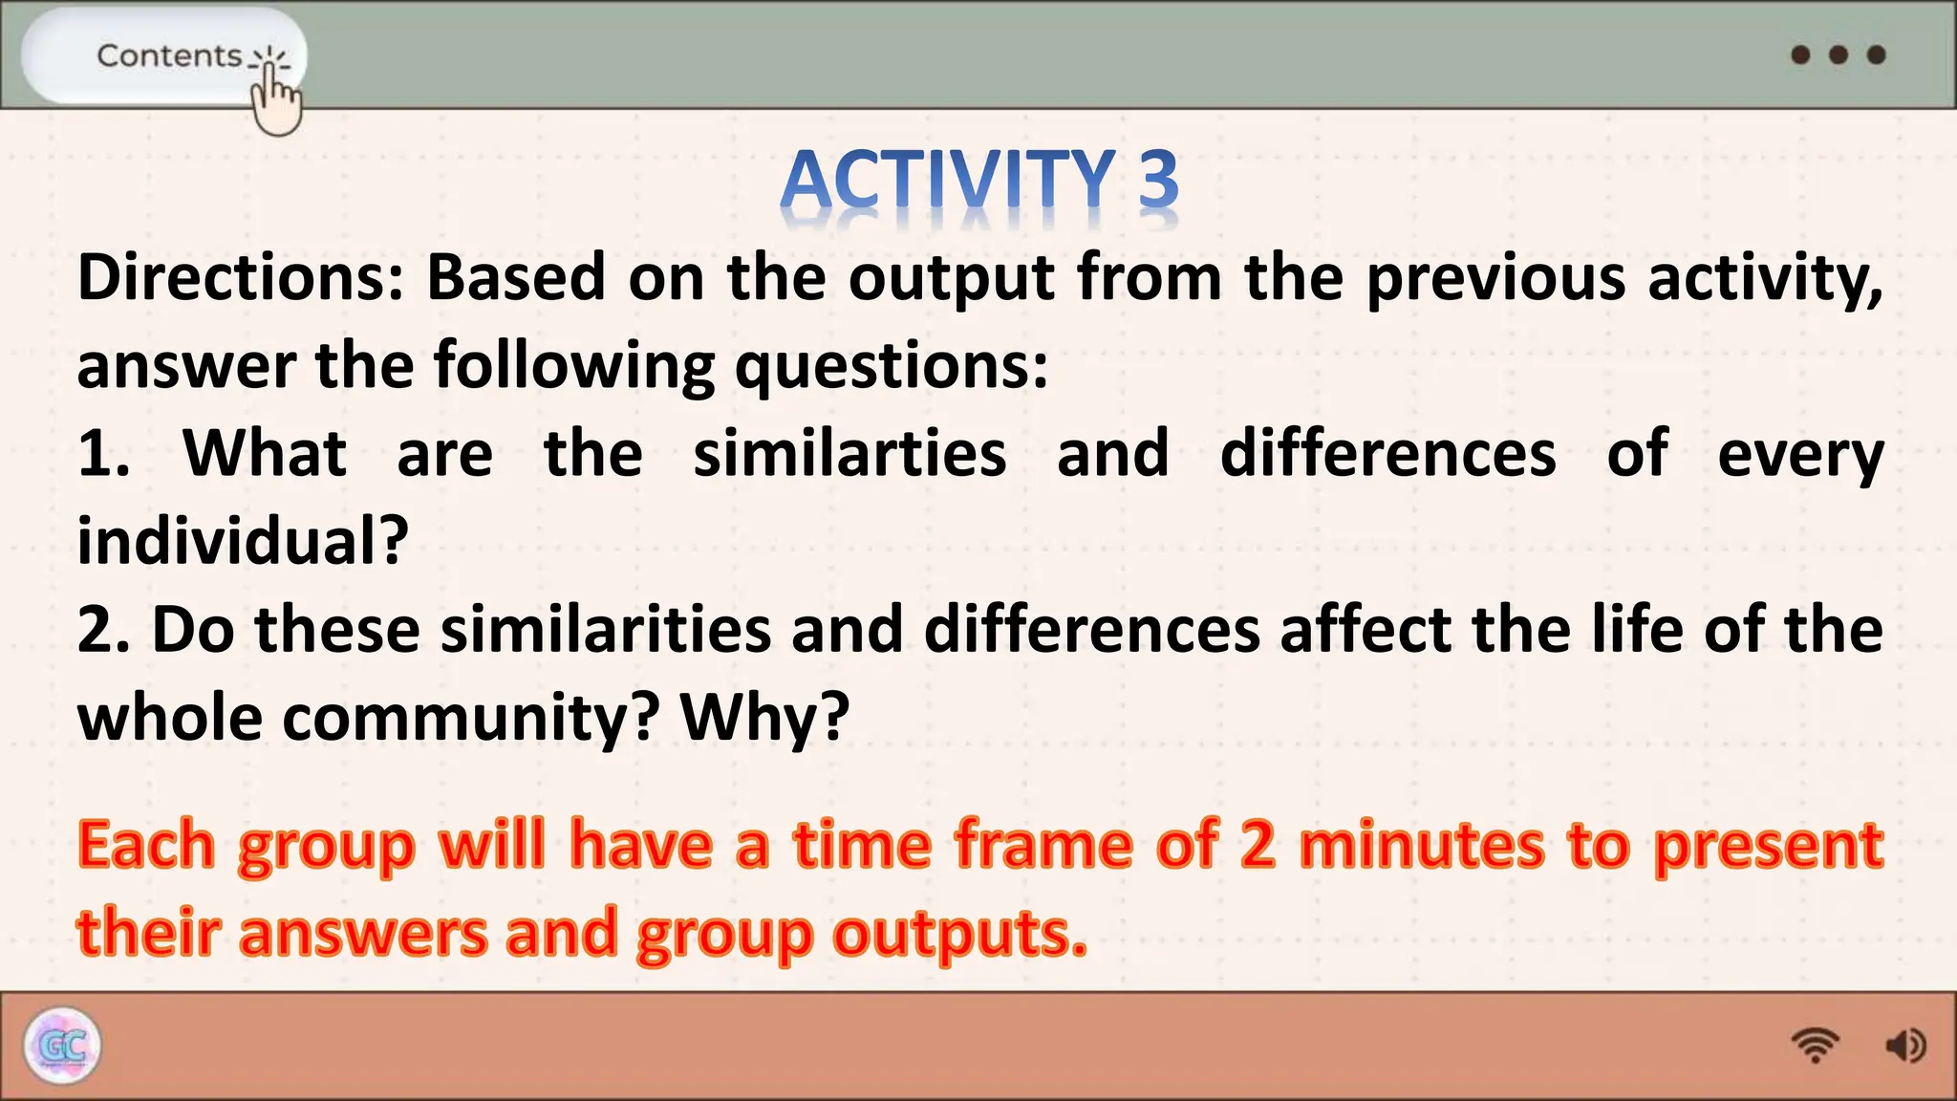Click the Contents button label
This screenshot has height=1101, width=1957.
(x=169, y=55)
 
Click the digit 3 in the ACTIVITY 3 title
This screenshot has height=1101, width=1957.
(x=1158, y=179)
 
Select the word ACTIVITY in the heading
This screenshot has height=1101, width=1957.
(x=947, y=179)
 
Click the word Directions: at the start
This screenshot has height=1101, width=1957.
(x=241, y=278)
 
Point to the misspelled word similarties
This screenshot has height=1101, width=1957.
(x=849, y=453)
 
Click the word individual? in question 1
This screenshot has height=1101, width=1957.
(x=243, y=541)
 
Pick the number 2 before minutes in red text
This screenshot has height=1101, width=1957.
(x=1258, y=845)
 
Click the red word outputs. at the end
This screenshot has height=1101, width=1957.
(x=959, y=933)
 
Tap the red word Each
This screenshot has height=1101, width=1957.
(x=146, y=845)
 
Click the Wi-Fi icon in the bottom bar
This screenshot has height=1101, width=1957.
(x=1815, y=1046)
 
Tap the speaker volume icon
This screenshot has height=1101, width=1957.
(x=1904, y=1046)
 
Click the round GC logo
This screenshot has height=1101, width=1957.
(x=62, y=1046)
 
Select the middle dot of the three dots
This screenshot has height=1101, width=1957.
(x=1838, y=54)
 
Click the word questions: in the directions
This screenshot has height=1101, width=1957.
(x=891, y=365)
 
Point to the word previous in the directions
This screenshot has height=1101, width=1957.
(x=1495, y=278)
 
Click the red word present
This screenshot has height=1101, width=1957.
(x=1768, y=845)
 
